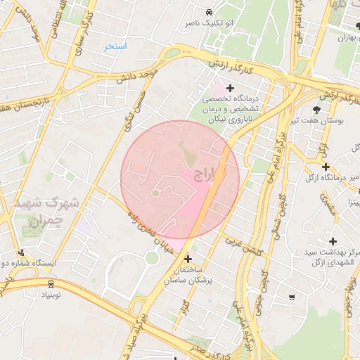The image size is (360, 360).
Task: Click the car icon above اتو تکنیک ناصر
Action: pos(209,13)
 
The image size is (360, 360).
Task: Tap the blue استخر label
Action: pos(115,46)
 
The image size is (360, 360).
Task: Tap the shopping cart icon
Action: pos(292,297)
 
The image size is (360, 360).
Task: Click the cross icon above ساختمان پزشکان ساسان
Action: pos(188,259)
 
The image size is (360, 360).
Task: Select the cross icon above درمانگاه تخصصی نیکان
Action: pos(230,87)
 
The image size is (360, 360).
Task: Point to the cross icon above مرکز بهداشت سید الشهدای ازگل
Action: pos(333,240)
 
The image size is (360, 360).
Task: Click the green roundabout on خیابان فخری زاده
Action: pos(153,257)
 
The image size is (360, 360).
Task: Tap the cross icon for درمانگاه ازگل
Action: pos(325,166)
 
